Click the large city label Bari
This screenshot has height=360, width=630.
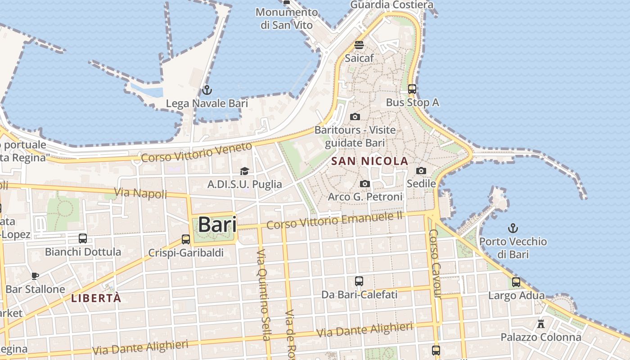tap(217, 224)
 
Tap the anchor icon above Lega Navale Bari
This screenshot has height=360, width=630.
tap(207, 90)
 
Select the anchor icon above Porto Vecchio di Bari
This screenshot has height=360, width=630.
tap(513, 228)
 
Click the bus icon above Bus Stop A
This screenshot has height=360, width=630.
tap(412, 89)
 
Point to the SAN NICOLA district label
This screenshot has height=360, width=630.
tap(369, 161)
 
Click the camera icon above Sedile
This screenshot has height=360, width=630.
tap(421, 171)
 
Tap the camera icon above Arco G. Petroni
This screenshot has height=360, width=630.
tap(365, 184)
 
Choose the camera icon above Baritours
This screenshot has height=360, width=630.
tap(355, 117)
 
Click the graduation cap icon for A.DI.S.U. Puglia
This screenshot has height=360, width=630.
tap(244, 171)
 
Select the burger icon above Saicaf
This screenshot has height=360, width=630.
tap(359, 45)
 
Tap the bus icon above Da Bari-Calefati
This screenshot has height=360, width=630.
tap(359, 281)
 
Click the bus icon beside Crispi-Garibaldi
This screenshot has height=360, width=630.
tap(186, 239)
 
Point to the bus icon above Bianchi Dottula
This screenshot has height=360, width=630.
tap(83, 238)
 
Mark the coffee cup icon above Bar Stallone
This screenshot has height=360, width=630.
tap(35, 276)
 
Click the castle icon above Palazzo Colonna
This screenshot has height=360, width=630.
tap(541, 324)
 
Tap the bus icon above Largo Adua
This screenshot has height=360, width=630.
tap(516, 282)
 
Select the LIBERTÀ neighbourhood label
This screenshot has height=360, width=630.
tap(96, 298)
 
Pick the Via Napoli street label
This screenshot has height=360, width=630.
tap(140, 193)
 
